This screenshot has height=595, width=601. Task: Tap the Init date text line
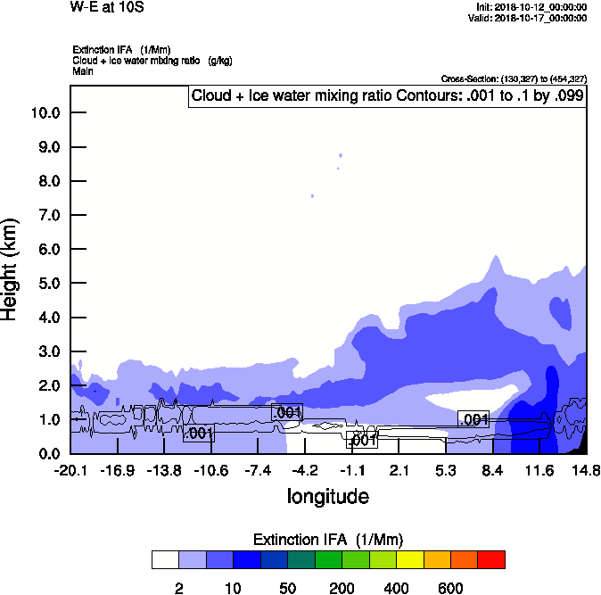[531, 6]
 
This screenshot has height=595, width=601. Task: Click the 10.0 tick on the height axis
[45, 112]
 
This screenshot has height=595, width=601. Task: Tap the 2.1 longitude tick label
[399, 470]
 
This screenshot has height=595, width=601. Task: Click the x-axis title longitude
[327, 495]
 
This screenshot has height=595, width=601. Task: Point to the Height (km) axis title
[11, 269]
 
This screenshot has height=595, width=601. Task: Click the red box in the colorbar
[491, 559]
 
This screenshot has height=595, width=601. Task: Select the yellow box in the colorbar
[409, 559]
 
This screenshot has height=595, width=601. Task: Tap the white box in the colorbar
[165, 559]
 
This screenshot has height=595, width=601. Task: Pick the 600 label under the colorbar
[450, 588]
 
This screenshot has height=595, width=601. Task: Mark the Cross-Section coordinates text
[514, 79]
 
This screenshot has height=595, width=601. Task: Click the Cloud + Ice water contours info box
[387, 95]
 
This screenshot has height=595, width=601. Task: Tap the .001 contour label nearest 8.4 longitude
[473, 419]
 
